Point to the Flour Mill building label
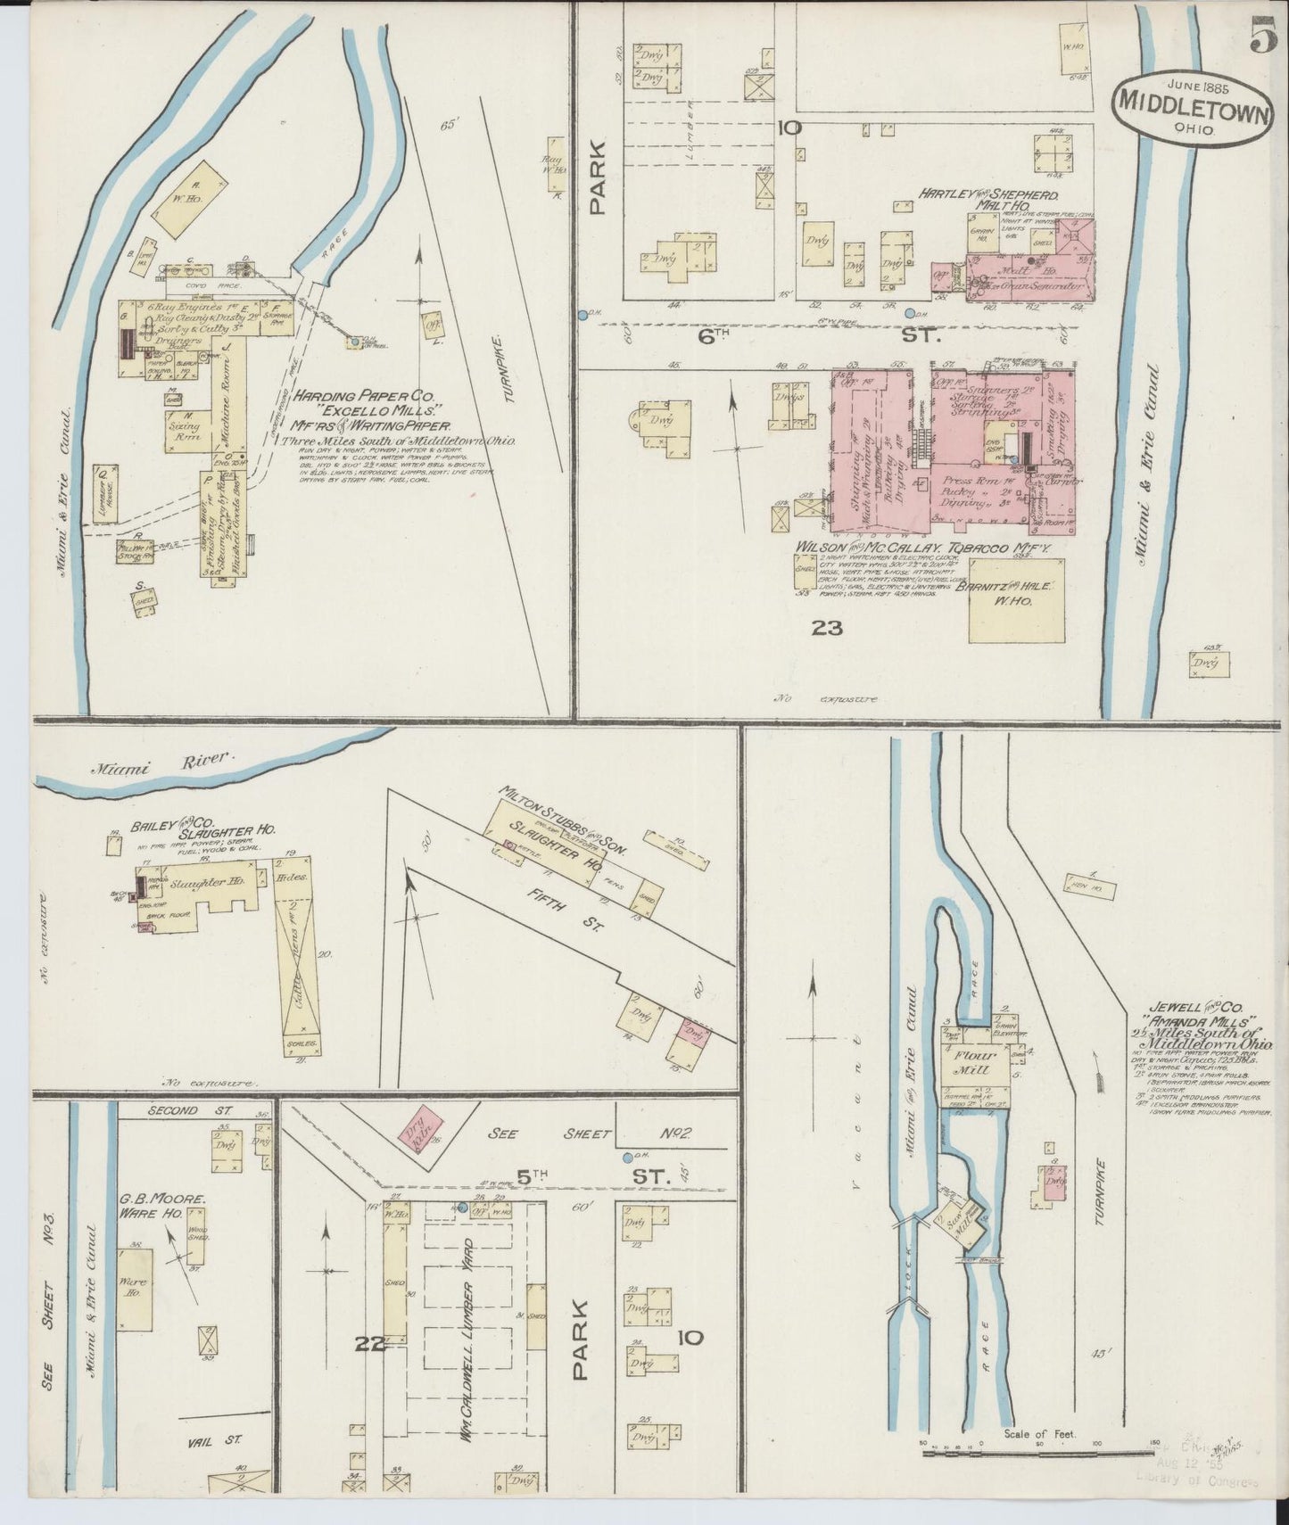(x=975, y=1063)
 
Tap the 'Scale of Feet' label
(x=1040, y=1435)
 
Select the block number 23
(x=827, y=629)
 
